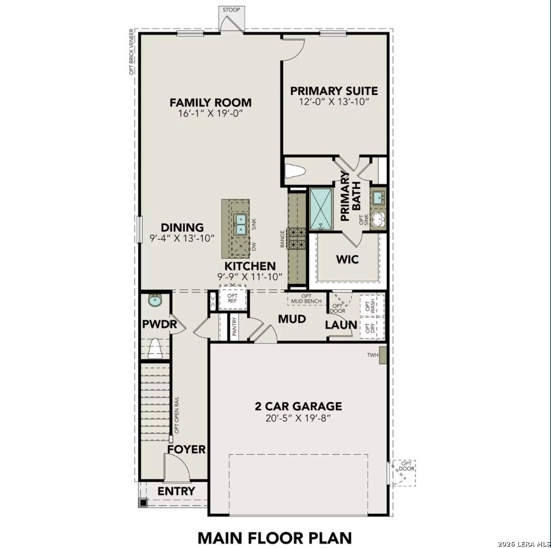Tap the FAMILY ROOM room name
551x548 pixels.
coord(210,103)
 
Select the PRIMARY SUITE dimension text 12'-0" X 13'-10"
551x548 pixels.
coord(334,102)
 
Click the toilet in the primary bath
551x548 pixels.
coord(295,172)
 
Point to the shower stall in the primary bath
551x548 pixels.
coord(321,208)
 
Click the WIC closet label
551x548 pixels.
coord(347,259)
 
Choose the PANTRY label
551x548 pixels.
coord(235,327)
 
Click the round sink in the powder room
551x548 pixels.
coord(155,301)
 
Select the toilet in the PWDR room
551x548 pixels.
coord(155,349)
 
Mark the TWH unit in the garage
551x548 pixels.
coord(383,355)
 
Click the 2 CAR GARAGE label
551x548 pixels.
coord(298,406)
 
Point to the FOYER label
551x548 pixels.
coord(186,450)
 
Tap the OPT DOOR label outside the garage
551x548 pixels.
coord(406,466)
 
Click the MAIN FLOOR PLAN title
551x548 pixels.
coord(274,537)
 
